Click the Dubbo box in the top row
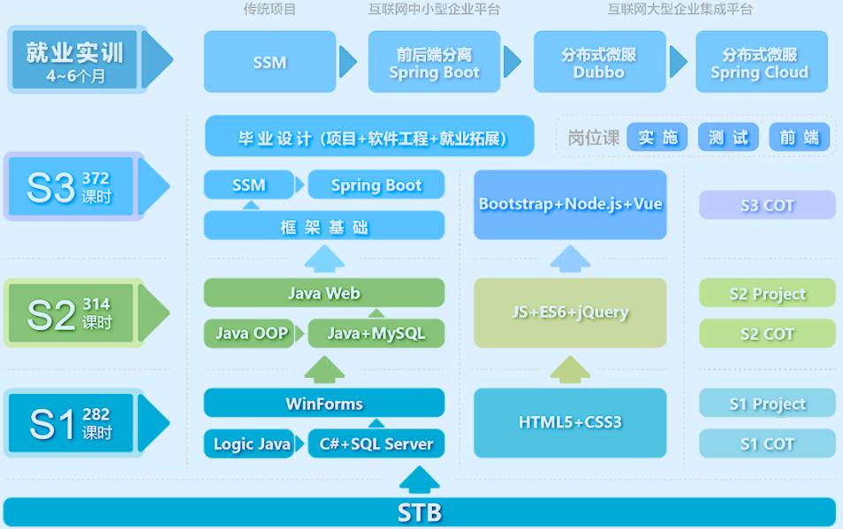pyautogui.click(x=599, y=62)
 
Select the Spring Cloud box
pyautogui.click(x=762, y=62)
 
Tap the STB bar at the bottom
pyautogui.click(x=420, y=512)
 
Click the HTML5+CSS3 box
pyautogui.click(x=570, y=423)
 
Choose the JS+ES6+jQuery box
pyautogui.click(x=570, y=313)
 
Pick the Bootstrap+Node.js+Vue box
pyautogui.click(x=570, y=204)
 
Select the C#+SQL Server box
pyautogui.click(x=376, y=443)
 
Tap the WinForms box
pyautogui.click(x=324, y=403)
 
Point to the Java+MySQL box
pyautogui.click(x=376, y=334)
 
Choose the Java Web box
pyautogui.click(x=324, y=292)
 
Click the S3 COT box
pyautogui.click(x=767, y=205)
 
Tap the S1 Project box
pyautogui.click(x=767, y=403)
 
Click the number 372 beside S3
pyautogui.click(x=95, y=178)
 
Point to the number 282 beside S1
pyautogui.click(x=95, y=414)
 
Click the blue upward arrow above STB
pyautogui.click(x=420, y=480)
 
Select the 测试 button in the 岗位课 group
pyautogui.click(x=728, y=137)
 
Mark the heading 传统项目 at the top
pyautogui.click(x=270, y=9)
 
